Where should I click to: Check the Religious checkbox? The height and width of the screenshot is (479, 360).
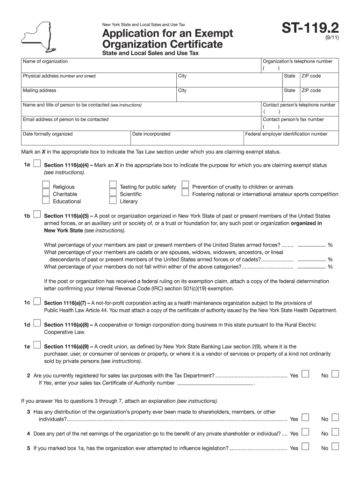pyautogui.click(x=46, y=186)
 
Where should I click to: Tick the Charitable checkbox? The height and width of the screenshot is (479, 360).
pyautogui.click(x=46, y=193)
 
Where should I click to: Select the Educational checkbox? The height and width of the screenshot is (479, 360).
pyautogui.click(x=46, y=201)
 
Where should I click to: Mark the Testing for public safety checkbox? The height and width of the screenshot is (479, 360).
pyautogui.click(x=113, y=186)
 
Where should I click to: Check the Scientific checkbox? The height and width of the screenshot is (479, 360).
pyautogui.click(x=113, y=193)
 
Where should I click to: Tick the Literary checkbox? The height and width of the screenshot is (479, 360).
pyautogui.click(x=113, y=201)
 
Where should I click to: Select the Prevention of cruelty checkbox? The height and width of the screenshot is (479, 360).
pyautogui.click(x=186, y=186)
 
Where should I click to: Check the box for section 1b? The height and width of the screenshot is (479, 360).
pyautogui.click(x=37, y=215)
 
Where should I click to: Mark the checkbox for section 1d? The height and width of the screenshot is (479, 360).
pyautogui.click(x=37, y=324)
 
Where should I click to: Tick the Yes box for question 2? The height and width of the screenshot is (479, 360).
pyautogui.click(x=305, y=374)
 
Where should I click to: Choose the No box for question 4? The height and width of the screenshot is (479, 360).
pyautogui.click(x=335, y=433)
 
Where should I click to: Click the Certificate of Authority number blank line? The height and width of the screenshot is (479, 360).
pyautogui.click(x=215, y=384)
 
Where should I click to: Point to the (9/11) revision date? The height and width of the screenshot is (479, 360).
pyautogui.click(x=330, y=42)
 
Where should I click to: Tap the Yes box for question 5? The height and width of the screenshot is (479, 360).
pyautogui.click(x=305, y=447)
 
